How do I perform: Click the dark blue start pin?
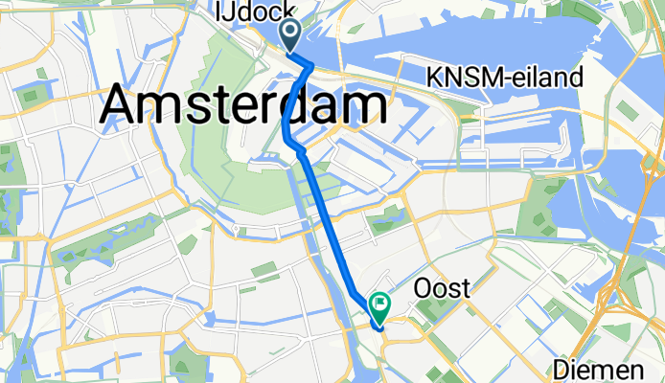pos(291,35)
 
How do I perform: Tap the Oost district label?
pos(441,287)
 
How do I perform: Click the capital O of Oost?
pos(423,287)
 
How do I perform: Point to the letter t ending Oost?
pos(463,287)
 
